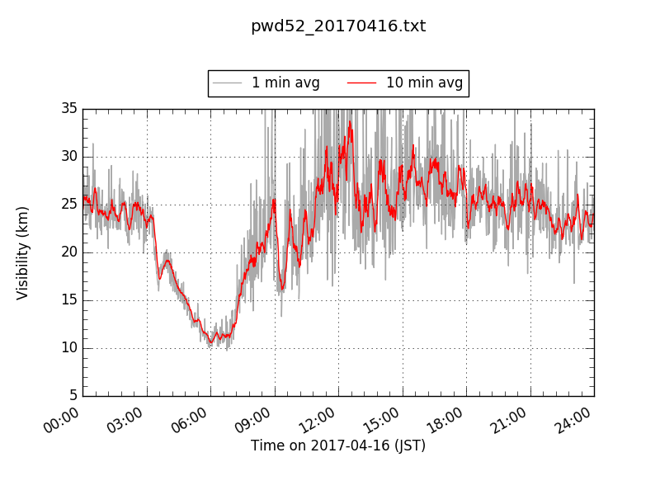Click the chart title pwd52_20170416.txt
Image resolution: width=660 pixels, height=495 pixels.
point(338,26)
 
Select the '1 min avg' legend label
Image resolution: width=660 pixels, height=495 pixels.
point(285,82)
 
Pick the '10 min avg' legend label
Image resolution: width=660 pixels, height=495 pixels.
point(424,82)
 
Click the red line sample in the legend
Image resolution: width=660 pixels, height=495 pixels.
point(361,82)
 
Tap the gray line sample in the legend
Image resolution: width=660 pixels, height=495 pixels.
point(227,82)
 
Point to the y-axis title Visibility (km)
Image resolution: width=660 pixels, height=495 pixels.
point(23,252)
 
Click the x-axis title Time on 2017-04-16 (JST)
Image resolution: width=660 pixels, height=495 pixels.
point(338,445)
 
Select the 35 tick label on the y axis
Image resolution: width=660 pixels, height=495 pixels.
point(68,109)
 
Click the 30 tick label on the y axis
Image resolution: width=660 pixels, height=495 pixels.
point(68,157)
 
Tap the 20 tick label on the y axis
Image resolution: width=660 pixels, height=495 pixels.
point(68,252)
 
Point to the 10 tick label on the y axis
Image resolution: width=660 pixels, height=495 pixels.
point(68,348)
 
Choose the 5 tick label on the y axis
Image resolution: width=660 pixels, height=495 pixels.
point(73,396)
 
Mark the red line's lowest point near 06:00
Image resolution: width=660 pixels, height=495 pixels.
point(211,342)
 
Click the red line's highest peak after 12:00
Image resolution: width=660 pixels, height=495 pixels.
point(350,122)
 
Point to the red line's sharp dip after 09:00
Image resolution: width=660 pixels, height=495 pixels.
point(282,290)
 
